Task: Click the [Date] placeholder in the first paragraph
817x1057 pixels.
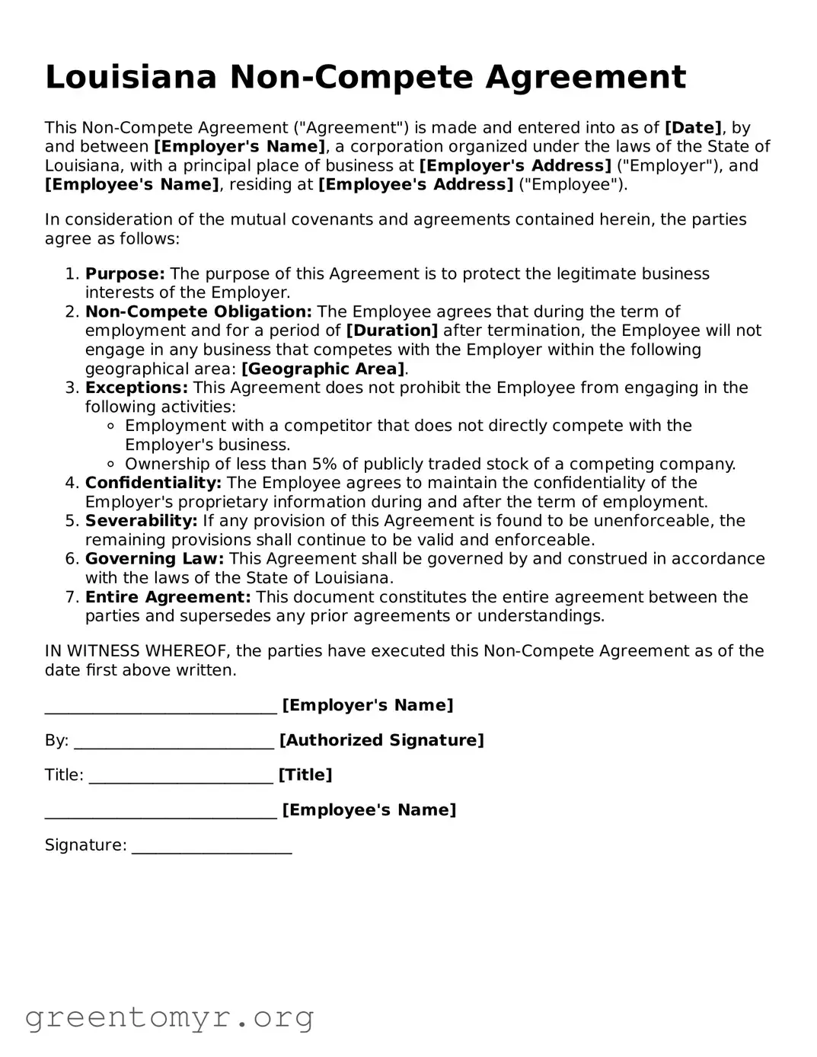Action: click(693, 128)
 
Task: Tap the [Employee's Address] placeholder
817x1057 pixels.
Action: click(416, 185)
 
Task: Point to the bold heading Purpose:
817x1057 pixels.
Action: click(125, 274)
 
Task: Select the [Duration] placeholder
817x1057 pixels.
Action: click(392, 331)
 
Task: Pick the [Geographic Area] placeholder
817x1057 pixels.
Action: click(323, 369)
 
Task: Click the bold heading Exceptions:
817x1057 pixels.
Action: click(136, 388)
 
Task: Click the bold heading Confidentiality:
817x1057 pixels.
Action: click(153, 484)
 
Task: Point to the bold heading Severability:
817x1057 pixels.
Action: click(141, 522)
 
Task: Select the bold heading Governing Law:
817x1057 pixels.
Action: click(155, 560)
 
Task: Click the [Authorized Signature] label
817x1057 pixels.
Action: click(381, 741)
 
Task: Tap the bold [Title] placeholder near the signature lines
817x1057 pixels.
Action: click(305, 775)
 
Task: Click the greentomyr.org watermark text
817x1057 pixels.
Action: click(169, 1018)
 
